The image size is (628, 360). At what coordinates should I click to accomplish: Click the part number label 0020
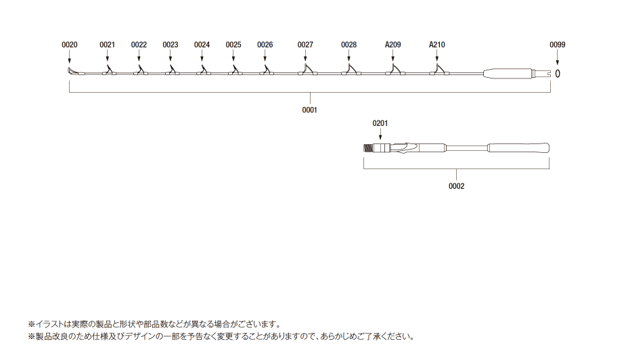(69, 45)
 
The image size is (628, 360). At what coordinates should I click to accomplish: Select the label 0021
(107, 45)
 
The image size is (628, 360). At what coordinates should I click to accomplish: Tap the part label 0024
(202, 45)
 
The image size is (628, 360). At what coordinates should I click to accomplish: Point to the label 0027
(305, 45)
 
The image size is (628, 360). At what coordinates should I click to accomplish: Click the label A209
(393, 45)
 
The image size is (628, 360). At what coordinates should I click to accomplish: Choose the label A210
(437, 45)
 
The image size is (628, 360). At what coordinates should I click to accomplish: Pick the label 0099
(558, 45)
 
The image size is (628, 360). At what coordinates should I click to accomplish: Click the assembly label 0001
(309, 110)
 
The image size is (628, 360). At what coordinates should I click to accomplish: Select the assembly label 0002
(457, 186)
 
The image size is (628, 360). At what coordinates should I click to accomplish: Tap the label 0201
(380, 123)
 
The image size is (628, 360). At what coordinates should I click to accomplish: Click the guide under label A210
(439, 70)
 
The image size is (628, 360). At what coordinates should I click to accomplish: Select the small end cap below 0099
(558, 74)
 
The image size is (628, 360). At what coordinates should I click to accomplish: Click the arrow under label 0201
(380, 134)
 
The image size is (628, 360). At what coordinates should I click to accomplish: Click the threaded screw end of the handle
(368, 148)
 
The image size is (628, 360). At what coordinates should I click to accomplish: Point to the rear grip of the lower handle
(518, 148)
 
